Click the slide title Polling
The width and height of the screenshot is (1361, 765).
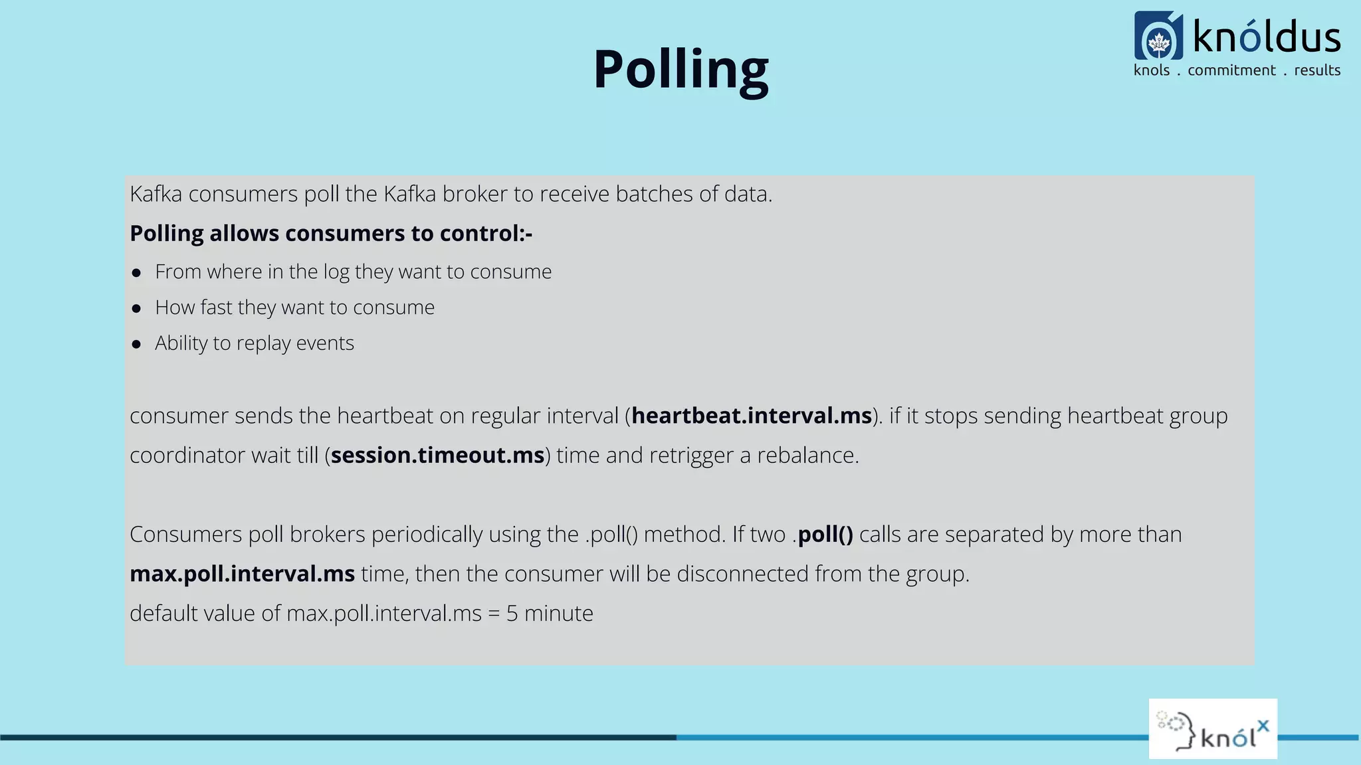[x=680, y=70]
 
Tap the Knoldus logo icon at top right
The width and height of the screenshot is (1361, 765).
[x=1158, y=36]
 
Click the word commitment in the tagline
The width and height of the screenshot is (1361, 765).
[x=1231, y=70]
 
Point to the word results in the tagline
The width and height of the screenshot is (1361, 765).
[x=1316, y=70]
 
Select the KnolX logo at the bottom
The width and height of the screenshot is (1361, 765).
[x=1213, y=728]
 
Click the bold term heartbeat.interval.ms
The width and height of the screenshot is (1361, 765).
[x=751, y=416]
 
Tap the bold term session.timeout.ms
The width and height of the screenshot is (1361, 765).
[x=437, y=456]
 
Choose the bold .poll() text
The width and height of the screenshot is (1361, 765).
[x=824, y=535]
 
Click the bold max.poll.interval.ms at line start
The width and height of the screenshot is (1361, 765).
[x=242, y=574]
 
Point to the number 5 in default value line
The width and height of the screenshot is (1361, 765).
[x=512, y=614]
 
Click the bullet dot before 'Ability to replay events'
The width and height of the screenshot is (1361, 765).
[x=136, y=344]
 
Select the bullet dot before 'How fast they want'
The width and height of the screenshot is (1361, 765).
[x=136, y=308]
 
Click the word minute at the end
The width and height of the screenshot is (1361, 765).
[x=558, y=614]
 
